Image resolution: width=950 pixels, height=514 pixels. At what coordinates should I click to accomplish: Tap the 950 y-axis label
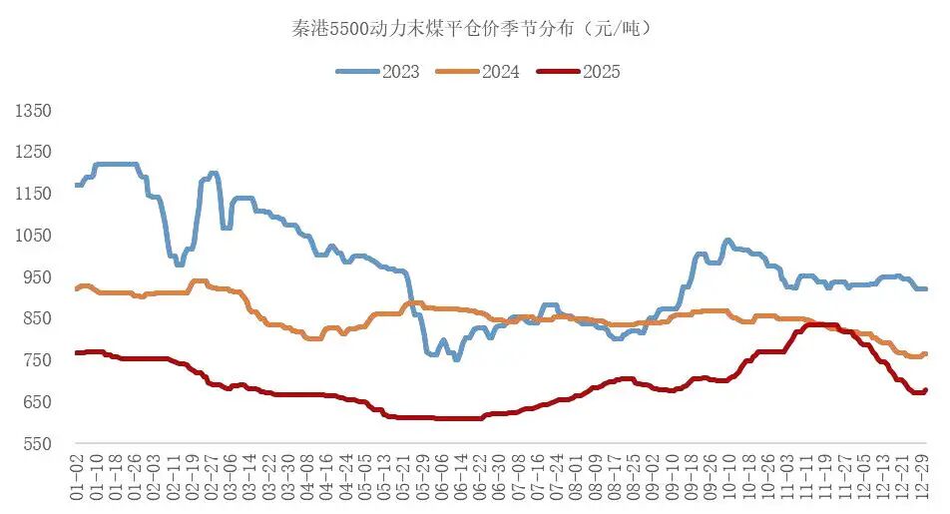[x=36, y=276]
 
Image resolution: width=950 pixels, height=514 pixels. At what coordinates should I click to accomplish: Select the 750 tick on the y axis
[x=36, y=360]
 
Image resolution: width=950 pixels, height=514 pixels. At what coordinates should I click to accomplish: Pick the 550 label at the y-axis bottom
[x=36, y=443]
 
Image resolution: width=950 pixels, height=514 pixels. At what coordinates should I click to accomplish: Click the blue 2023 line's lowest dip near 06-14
[x=456, y=357]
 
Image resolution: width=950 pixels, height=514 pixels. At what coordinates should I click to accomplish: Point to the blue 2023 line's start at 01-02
[x=77, y=185]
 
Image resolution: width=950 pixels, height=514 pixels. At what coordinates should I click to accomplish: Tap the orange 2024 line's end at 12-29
[x=925, y=353]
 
